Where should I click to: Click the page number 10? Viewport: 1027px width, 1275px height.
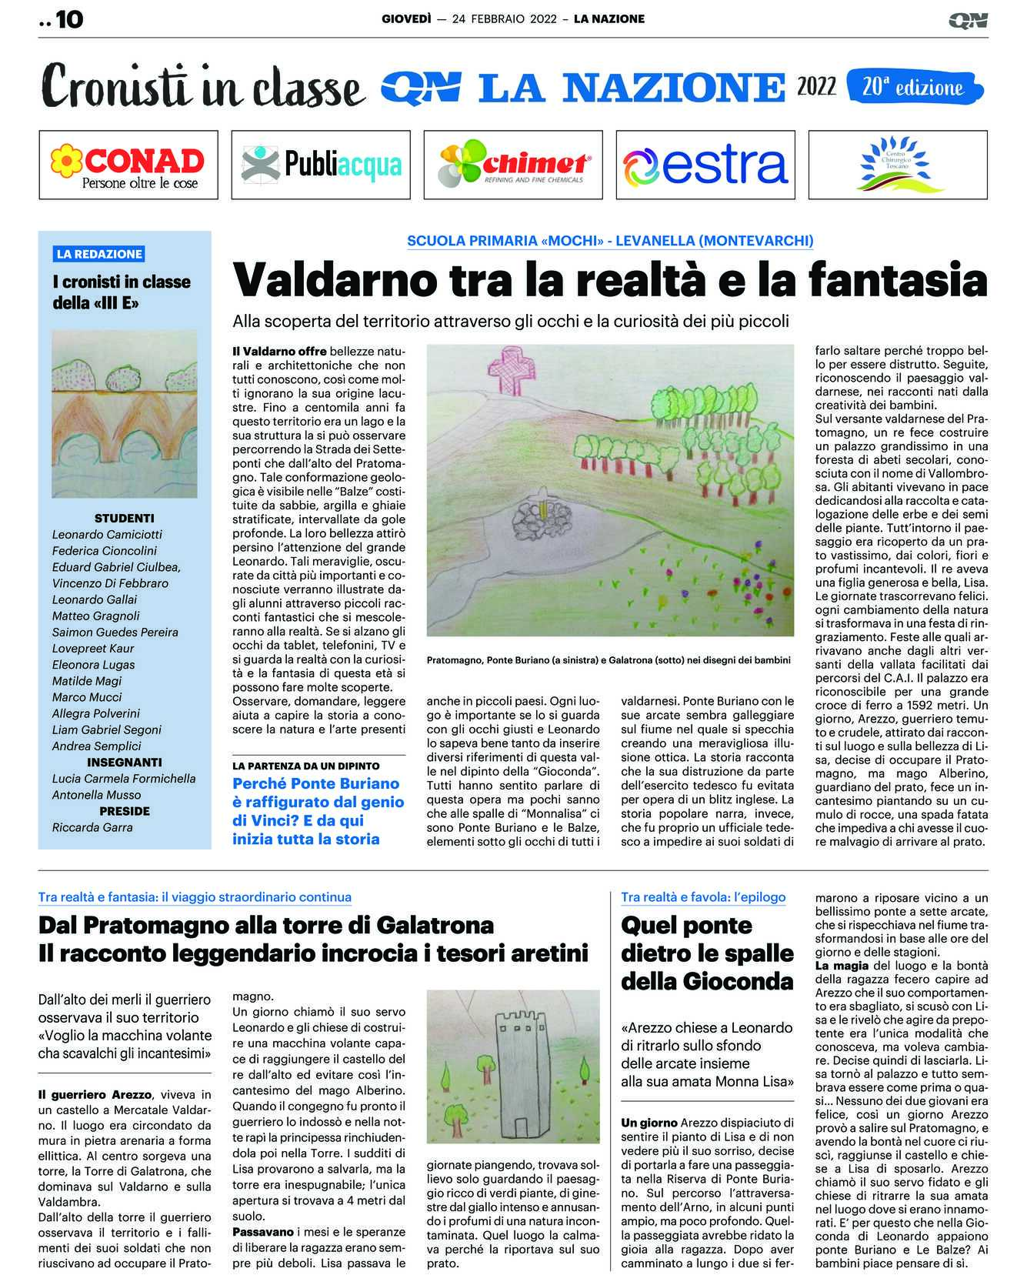click(x=68, y=20)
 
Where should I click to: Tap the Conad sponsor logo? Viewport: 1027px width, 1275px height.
click(x=128, y=165)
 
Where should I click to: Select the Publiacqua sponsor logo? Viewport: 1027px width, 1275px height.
click(x=321, y=165)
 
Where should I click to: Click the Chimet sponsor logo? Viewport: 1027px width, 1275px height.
click(x=513, y=165)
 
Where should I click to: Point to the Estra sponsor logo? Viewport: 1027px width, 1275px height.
click(x=705, y=165)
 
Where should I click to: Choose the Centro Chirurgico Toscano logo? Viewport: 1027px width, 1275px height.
click(x=898, y=165)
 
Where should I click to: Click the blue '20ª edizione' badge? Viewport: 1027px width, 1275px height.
click(x=913, y=87)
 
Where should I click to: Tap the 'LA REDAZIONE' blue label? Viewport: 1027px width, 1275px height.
click(x=99, y=254)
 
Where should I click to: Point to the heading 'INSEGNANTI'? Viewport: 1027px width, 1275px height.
click(x=125, y=763)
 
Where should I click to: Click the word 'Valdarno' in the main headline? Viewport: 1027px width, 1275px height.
click(x=317, y=280)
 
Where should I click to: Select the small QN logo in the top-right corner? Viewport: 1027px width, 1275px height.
click(x=967, y=20)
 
